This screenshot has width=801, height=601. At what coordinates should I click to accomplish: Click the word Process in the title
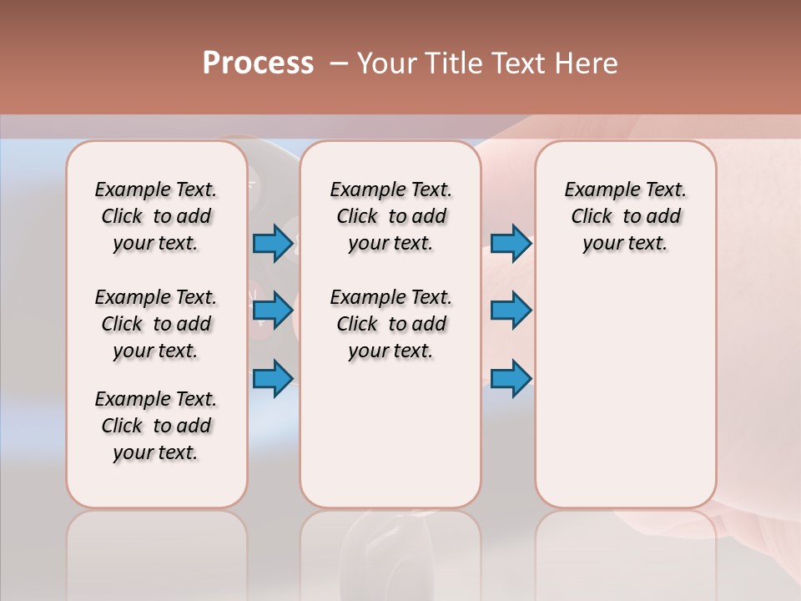click(258, 63)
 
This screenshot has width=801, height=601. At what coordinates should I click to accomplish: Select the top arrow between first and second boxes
click(273, 244)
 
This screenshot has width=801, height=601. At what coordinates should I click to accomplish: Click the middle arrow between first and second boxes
click(273, 311)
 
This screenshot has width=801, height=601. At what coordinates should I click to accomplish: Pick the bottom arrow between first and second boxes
click(273, 378)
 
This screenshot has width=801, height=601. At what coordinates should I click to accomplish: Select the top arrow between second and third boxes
click(511, 244)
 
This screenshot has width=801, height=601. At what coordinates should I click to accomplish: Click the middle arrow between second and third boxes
click(511, 311)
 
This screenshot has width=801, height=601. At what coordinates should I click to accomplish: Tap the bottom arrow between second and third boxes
click(511, 378)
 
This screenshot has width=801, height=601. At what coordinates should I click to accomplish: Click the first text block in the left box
click(156, 216)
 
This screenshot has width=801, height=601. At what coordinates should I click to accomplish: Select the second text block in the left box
click(156, 324)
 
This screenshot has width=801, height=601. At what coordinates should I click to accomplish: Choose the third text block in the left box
click(156, 426)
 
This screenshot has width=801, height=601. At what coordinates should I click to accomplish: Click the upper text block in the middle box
click(390, 216)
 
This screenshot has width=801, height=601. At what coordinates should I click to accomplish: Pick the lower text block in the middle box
click(390, 324)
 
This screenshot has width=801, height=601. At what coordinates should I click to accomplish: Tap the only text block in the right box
click(625, 216)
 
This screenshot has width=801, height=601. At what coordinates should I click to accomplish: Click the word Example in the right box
click(595, 190)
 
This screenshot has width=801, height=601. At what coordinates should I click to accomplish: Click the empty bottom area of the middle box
click(390, 442)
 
